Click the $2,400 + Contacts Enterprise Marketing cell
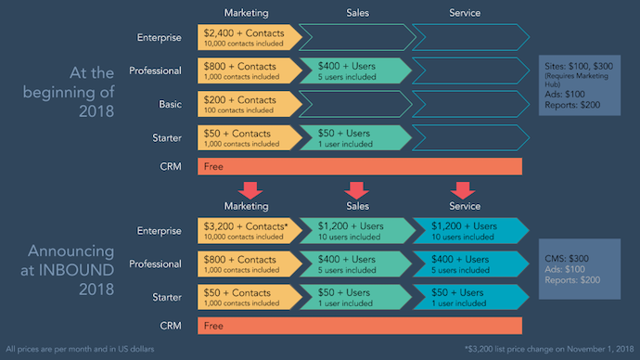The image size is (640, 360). (x=246, y=38)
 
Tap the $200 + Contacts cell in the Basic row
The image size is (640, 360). (x=246, y=103)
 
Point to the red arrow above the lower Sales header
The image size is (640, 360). (x=356, y=188)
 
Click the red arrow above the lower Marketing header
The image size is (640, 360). (x=248, y=188)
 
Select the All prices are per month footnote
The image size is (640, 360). (x=87, y=350)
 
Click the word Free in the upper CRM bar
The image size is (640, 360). (x=214, y=166)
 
